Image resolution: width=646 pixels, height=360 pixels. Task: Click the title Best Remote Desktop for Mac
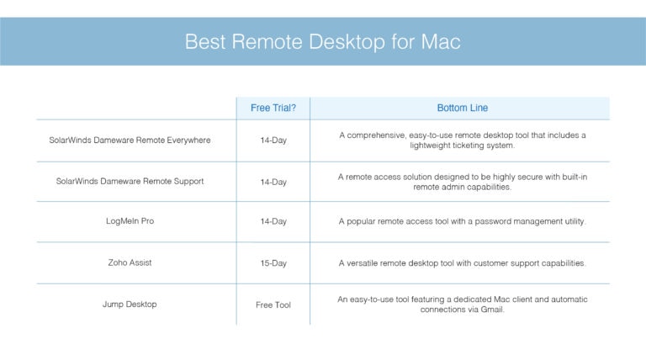point(323,42)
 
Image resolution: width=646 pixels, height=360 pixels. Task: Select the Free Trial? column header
point(273,108)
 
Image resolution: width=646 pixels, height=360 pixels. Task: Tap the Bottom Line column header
point(462,108)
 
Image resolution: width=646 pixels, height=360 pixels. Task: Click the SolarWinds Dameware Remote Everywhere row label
point(130,140)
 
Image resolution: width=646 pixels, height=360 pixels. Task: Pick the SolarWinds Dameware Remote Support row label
point(130,181)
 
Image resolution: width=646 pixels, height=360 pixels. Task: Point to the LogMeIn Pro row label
point(130,221)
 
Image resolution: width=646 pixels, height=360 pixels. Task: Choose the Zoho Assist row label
point(130,262)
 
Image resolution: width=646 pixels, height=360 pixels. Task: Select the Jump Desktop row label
point(130,304)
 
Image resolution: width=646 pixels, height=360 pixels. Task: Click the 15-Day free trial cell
point(273,263)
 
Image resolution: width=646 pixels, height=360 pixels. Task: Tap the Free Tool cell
point(273,304)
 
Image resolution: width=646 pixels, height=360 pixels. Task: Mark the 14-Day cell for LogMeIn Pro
point(273,222)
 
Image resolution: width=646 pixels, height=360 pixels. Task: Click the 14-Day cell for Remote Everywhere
point(273,140)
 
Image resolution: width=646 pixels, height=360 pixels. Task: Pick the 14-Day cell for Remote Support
point(273,182)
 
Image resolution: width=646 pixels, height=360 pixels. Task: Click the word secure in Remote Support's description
point(510,177)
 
